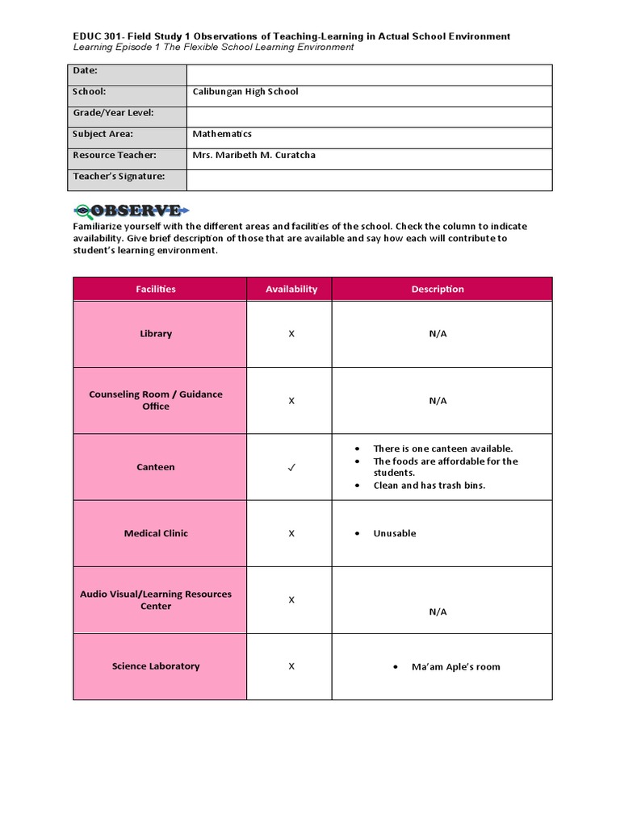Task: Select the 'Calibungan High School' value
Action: coord(245,92)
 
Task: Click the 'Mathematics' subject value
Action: coord(222,134)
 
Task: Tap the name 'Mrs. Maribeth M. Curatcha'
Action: coord(254,155)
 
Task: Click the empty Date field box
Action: coord(369,71)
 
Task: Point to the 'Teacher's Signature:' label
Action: coord(119,176)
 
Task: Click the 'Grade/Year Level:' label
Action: coord(113,113)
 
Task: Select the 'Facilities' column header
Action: coord(156,289)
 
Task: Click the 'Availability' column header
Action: coord(291,289)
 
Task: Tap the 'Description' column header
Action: coord(438,289)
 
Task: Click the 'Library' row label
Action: coord(156,334)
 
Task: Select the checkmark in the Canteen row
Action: coord(291,467)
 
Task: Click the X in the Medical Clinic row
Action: coord(291,533)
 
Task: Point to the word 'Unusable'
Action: coord(395,533)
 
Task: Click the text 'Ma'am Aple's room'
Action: coord(455,667)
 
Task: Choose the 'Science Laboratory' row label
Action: coord(156,666)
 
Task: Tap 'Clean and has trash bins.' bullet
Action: coord(429,486)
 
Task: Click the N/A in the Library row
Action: coord(438,334)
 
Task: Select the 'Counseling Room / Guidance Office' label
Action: coord(156,400)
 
